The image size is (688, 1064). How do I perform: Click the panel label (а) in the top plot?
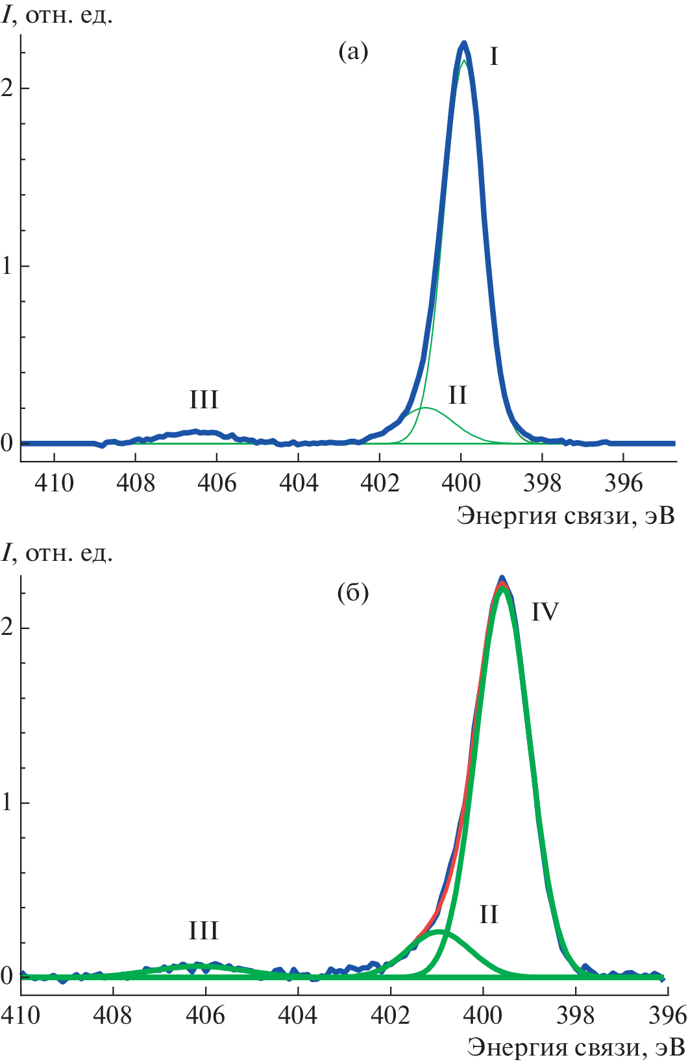coord(354,51)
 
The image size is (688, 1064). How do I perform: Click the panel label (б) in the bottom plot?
coord(354,592)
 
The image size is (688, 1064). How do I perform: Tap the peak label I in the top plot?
coord(494,57)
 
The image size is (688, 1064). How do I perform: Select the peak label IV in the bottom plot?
coord(545,612)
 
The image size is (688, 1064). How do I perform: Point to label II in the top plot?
coord(458,395)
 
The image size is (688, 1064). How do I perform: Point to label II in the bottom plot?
coord(489,915)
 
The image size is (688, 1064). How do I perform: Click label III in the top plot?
coord(204,399)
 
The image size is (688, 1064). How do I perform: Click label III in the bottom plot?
coord(204,930)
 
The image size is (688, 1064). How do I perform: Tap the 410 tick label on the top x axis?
coord(54,483)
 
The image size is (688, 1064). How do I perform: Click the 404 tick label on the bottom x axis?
coord(298,1015)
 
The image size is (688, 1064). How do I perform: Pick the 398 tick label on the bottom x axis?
coord(576,1015)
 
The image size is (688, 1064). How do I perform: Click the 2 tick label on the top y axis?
coord(7,88)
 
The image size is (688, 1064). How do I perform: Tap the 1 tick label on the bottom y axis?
coord(7,802)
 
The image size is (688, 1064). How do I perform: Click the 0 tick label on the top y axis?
coord(7,443)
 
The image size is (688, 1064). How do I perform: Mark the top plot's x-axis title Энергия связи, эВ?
coord(565,515)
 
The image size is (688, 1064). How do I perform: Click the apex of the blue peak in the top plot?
coord(464,43)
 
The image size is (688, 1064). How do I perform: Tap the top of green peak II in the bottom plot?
coord(439,932)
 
